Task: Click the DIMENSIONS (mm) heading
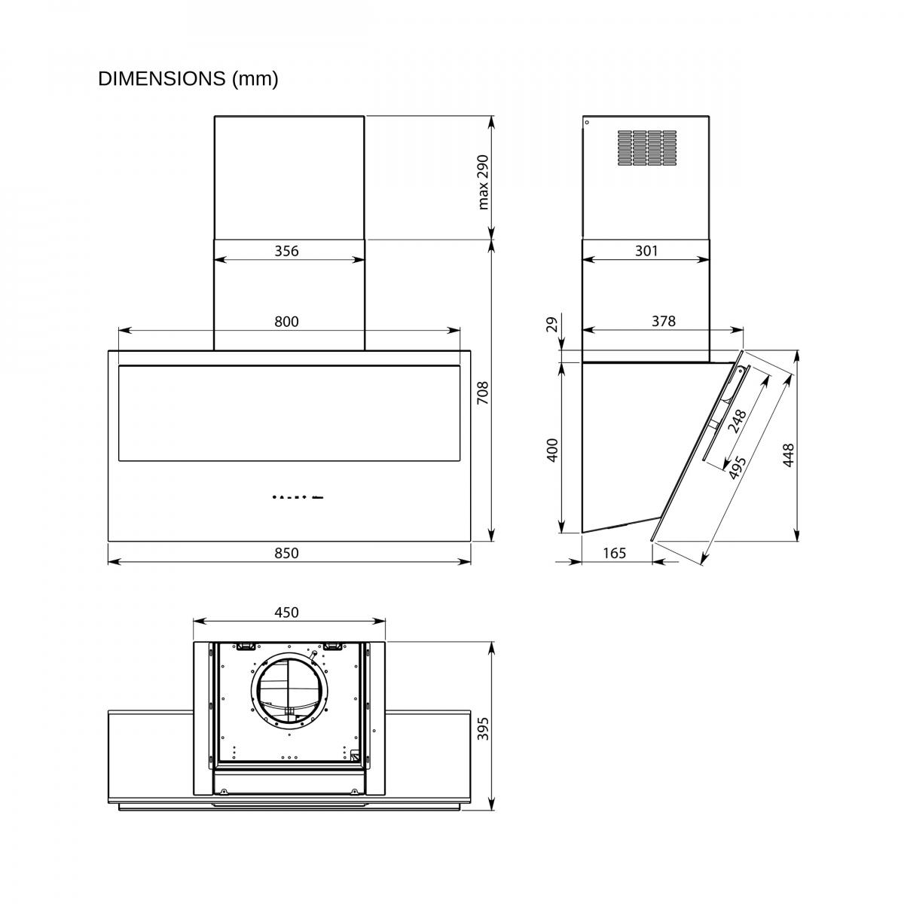[188, 79]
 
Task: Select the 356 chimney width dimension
[286, 251]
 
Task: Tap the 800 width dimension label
[286, 322]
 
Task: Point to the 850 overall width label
[286, 553]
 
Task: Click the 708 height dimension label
[482, 393]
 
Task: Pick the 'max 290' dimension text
[482, 182]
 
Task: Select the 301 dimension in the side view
[646, 251]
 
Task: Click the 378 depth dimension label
[664, 321]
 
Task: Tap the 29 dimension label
[553, 325]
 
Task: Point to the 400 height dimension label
[553, 450]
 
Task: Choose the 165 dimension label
[614, 553]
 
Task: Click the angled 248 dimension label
[737, 421]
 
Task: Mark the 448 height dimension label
[788, 455]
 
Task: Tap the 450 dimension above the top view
[286, 612]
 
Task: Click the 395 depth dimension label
[482, 728]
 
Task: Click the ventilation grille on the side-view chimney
[647, 148]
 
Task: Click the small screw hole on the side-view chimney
[587, 123]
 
